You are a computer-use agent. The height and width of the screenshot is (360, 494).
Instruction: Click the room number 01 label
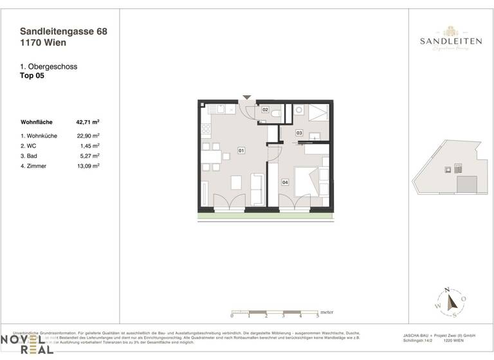pyautogui.click(x=241, y=150)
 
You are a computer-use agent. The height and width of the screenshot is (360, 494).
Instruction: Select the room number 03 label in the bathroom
pyautogui.click(x=299, y=133)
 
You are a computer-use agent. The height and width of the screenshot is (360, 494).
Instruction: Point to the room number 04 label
pyautogui.click(x=285, y=182)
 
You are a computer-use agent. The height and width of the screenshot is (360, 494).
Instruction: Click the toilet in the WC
pyautogui.click(x=275, y=113)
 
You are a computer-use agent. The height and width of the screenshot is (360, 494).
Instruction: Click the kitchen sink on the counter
pyautogui.click(x=221, y=109)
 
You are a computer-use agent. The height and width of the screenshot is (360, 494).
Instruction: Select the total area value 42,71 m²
pyautogui.click(x=87, y=122)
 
